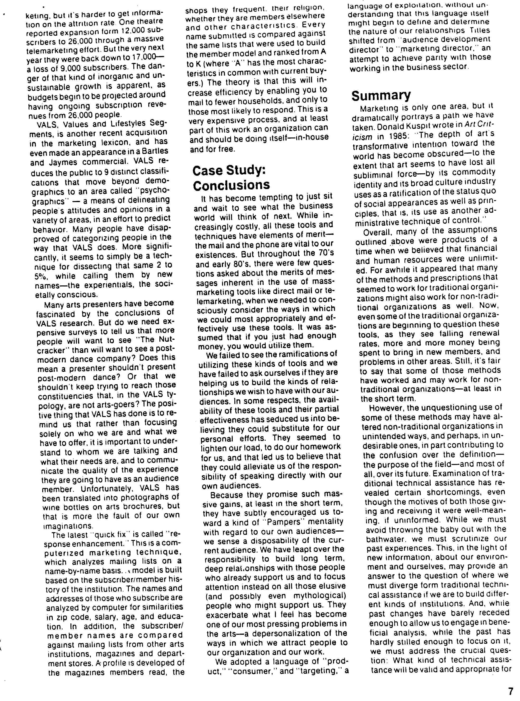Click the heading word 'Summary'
point(381,95)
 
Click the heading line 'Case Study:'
point(229,171)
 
